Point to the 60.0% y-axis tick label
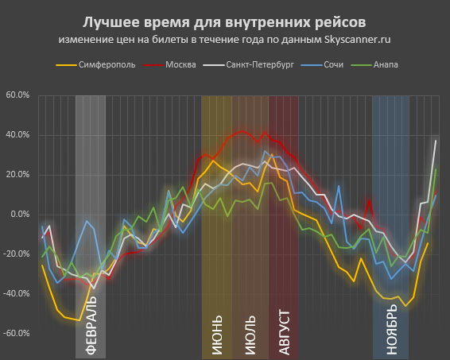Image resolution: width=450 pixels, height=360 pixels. [17, 95]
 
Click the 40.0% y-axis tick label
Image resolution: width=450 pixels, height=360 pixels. [17, 135]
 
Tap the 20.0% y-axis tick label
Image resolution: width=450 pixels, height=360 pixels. [17, 175]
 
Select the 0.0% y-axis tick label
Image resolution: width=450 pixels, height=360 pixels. [19, 215]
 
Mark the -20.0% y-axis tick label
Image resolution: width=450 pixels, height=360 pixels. [17, 254]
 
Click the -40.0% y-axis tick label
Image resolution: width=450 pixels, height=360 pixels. [17, 294]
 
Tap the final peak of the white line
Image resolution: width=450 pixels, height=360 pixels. [436, 141]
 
